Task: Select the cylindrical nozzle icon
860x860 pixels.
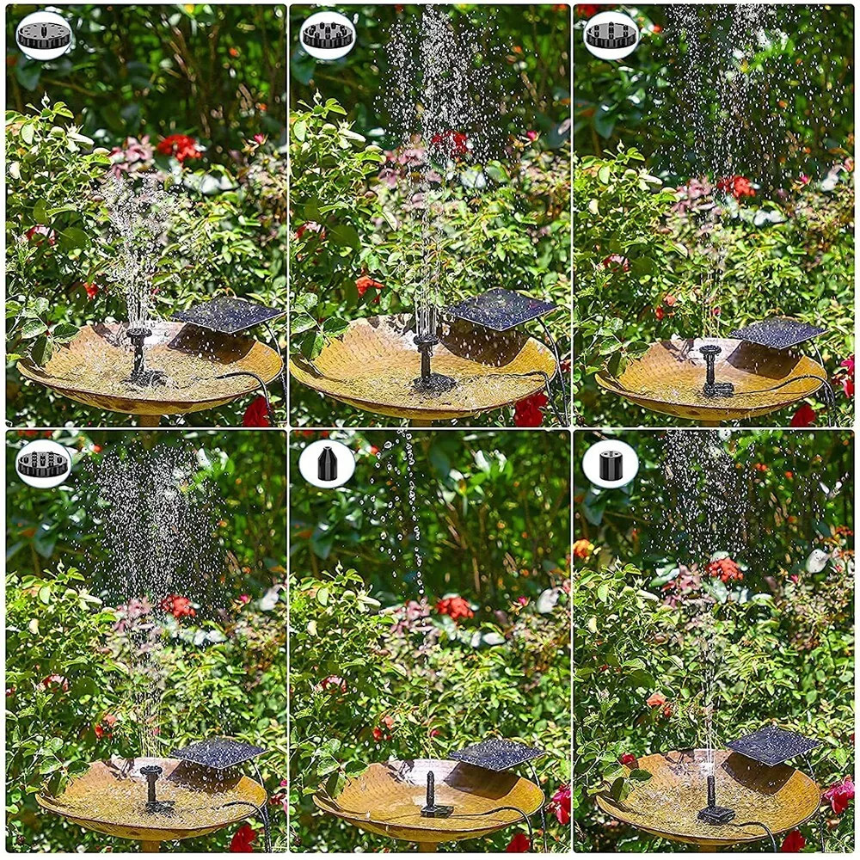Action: click(x=611, y=464)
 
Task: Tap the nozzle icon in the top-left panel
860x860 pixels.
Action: click(x=44, y=35)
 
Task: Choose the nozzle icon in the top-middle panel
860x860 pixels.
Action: click(x=328, y=35)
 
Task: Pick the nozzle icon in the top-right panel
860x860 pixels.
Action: click(x=611, y=35)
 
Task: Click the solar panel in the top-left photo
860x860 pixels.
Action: click(x=227, y=315)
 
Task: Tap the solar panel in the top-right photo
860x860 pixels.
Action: click(x=777, y=333)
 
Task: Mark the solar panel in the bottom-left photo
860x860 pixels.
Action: click(x=218, y=752)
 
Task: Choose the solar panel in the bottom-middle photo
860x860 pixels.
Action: click(x=496, y=753)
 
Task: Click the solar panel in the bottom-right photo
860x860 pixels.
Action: click(x=773, y=745)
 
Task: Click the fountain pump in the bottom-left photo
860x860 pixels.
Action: click(x=153, y=788)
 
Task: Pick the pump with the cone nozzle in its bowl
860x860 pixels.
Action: click(x=434, y=795)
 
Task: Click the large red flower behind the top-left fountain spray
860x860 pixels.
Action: click(x=178, y=146)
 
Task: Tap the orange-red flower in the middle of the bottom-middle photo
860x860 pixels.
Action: click(x=453, y=608)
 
